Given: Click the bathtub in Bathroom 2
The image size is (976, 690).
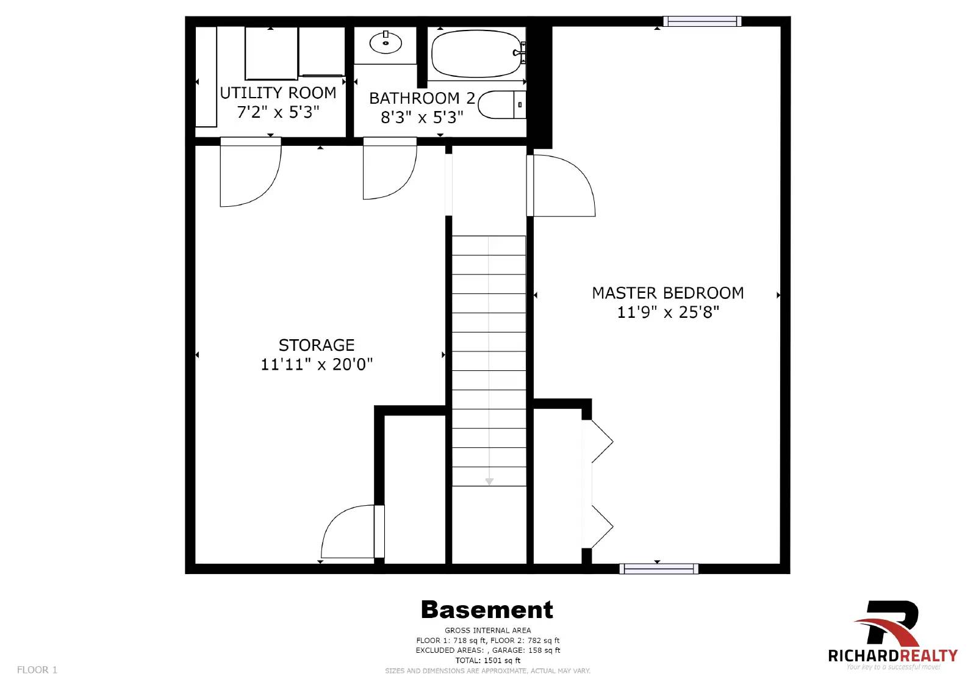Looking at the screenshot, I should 475,54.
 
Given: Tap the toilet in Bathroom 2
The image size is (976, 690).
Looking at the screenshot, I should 500,105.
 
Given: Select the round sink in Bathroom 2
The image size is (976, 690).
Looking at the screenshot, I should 386,43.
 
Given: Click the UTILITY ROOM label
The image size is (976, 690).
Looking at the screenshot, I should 278,93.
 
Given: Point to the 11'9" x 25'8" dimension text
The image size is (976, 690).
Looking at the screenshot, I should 668,312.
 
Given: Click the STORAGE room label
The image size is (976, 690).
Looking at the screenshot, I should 316,345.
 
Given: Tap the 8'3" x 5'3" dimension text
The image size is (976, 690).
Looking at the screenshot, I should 422,117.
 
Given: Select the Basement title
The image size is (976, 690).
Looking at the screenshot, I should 487,609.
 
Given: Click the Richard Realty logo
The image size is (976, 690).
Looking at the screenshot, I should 892,635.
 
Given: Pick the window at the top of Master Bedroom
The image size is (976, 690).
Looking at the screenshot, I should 701,21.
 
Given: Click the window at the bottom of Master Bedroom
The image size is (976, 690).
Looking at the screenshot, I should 659,569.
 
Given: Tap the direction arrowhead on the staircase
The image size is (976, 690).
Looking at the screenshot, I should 489,481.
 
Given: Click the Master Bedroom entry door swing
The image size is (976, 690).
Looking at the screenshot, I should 561,186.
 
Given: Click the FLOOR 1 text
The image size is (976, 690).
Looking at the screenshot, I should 37,669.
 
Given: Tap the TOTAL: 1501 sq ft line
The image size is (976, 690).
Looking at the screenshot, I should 487,660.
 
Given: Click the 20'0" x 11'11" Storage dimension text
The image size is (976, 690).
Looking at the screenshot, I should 317,364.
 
